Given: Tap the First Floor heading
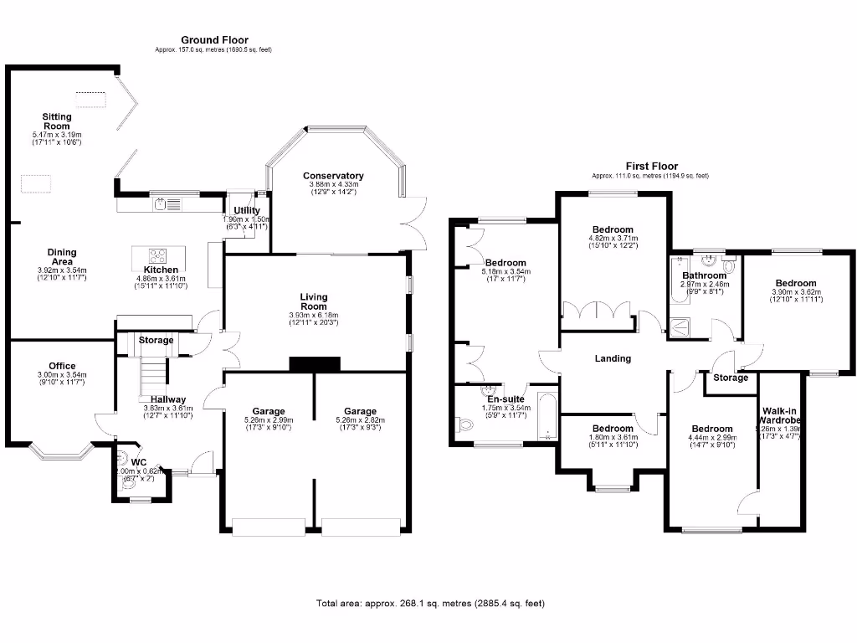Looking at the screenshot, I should click(x=650, y=167).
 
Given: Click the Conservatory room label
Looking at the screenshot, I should click(x=333, y=175).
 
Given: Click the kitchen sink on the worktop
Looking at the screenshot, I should click(x=173, y=203).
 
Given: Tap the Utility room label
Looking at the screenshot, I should click(x=247, y=210).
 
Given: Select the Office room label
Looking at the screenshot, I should click(x=62, y=366).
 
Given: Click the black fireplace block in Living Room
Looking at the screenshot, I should click(x=314, y=363).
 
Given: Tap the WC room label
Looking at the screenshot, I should click(x=138, y=461).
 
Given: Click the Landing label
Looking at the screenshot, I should click(x=612, y=358).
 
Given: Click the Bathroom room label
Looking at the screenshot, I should click(x=703, y=275).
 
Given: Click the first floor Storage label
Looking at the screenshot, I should click(x=731, y=378).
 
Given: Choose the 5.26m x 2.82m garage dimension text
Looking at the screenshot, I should click(x=360, y=420).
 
